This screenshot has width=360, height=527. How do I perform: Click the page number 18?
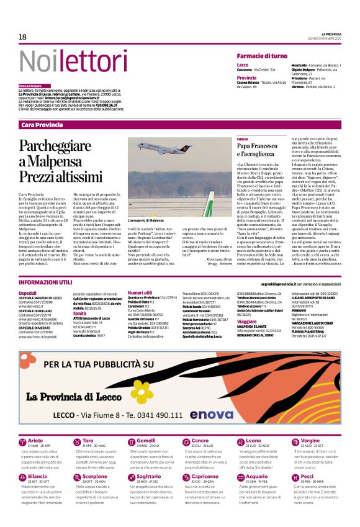[x=22, y=37]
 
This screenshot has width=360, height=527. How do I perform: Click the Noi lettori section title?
[x=65, y=61]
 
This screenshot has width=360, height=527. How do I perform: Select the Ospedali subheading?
[x=27, y=292]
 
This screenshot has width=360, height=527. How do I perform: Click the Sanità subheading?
[x=79, y=314]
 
